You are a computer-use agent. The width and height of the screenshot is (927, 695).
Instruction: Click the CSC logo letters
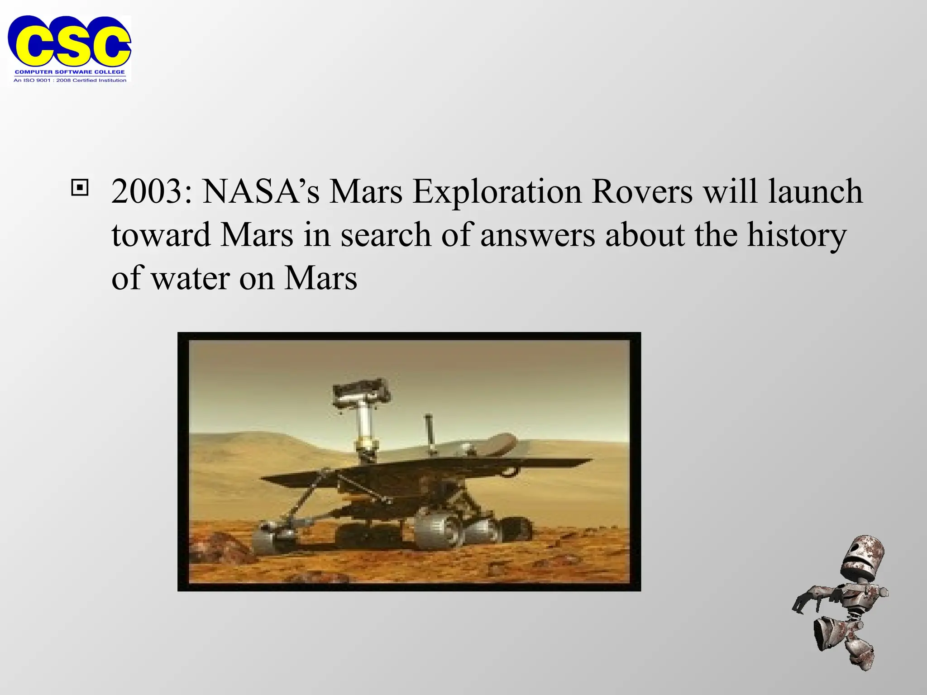[69, 42]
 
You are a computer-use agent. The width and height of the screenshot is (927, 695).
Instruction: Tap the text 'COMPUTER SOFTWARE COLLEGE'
[70, 72]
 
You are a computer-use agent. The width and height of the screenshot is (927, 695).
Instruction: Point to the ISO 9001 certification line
[70, 80]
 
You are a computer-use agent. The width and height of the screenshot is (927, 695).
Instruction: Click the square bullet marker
[80, 187]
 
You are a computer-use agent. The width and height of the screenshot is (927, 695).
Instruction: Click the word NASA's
[261, 192]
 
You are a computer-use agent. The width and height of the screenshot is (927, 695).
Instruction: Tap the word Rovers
[642, 192]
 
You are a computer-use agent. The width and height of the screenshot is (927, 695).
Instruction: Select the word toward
[161, 235]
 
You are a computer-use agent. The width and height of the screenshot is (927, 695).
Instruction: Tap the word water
[190, 279]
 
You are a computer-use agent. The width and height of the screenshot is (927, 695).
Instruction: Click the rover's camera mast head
[361, 392]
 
